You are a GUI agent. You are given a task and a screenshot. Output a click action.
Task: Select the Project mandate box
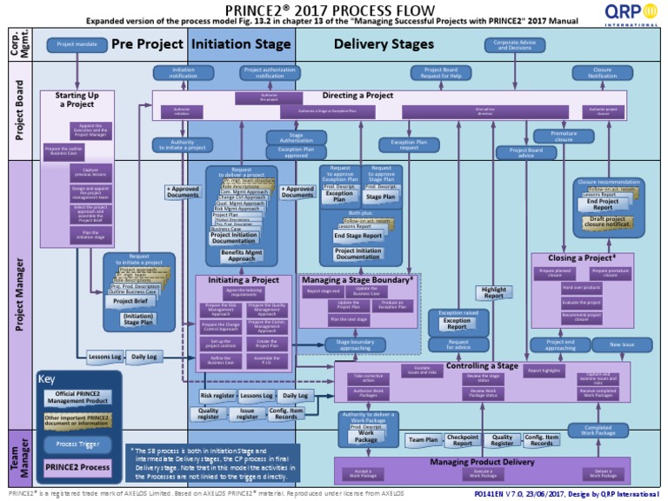pos(77,43)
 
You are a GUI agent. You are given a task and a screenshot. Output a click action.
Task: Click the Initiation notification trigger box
pos(184,72)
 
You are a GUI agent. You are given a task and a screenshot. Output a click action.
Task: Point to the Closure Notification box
pos(602,72)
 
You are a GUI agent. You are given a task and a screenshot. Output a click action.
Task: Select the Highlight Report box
pos(493,293)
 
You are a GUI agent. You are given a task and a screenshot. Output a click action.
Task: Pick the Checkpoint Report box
pos(463,441)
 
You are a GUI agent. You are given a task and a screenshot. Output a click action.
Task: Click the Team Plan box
pos(424,441)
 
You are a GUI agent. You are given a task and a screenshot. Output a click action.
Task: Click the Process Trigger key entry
pos(77,444)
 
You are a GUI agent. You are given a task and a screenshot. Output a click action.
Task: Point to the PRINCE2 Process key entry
pos(77,467)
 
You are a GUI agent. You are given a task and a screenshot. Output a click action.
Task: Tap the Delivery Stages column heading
pos(383,43)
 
